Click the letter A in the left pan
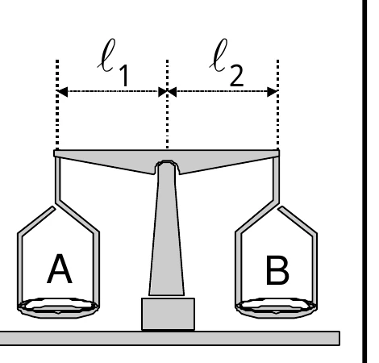pyautogui.click(x=60, y=269)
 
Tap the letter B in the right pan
pyautogui.click(x=277, y=269)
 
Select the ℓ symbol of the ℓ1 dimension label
pyautogui.click(x=106, y=56)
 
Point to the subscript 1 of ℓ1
pyautogui.click(x=124, y=76)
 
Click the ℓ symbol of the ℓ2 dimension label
pyautogui.click(x=219, y=56)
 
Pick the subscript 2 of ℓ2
pyautogui.click(x=237, y=76)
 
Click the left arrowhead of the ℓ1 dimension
pyautogui.click(x=62, y=92)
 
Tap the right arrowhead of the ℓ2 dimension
pyautogui.click(x=273, y=92)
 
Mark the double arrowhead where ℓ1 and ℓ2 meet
pyautogui.click(x=168, y=92)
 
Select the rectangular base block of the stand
pyautogui.click(x=168, y=314)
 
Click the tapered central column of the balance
pyautogui.click(x=167, y=232)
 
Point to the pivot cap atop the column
pyautogui.click(x=167, y=165)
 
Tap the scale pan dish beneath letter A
pyautogui.click(x=58, y=308)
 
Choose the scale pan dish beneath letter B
pyautogui.click(x=277, y=308)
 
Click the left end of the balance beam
pyautogui.click(x=54, y=153)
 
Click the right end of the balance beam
pyautogui.click(x=279, y=153)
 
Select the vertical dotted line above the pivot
pyautogui.click(x=168, y=104)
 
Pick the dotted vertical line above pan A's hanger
pyautogui.click(x=57, y=104)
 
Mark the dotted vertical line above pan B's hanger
pyautogui.click(x=277, y=104)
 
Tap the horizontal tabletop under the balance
pyautogui.click(x=170, y=338)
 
